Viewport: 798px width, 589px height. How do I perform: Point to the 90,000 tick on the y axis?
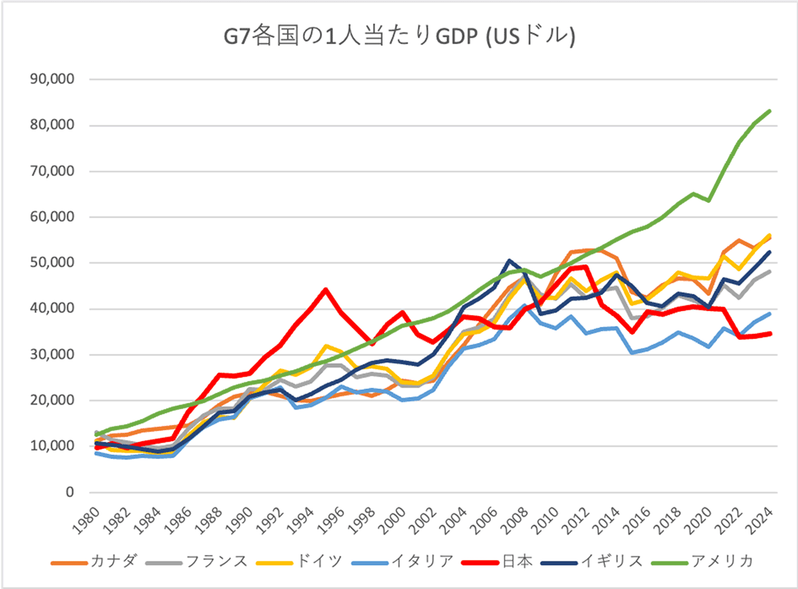pyautogui.click(x=52, y=79)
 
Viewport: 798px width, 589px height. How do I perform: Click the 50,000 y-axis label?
pyautogui.click(x=52, y=262)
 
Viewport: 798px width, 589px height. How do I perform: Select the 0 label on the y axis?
pyautogui.click(x=70, y=492)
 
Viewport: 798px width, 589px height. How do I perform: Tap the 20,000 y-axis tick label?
pyautogui.click(x=52, y=400)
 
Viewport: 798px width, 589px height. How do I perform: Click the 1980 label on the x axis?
pyautogui.click(x=86, y=521)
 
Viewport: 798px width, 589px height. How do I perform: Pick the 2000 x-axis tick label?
pyautogui.click(x=392, y=521)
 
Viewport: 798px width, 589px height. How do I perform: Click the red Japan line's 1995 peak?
pyautogui.click(x=326, y=290)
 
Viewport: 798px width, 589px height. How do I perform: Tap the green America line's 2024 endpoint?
pyautogui.click(x=770, y=111)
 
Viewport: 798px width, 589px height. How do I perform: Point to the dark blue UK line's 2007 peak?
pyautogui.click(x=510, y=261)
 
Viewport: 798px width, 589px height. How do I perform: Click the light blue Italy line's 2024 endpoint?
pyautogui.click(x=770, y=313)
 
